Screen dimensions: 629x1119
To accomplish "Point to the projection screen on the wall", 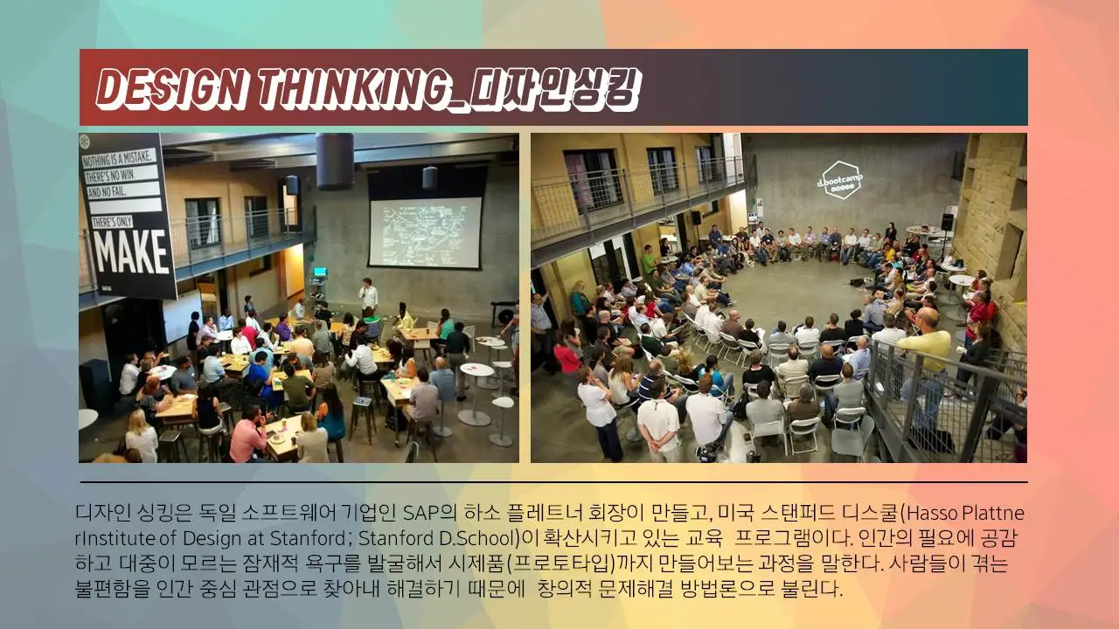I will (425, 232).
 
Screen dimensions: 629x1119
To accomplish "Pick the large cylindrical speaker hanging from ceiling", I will (334, 160).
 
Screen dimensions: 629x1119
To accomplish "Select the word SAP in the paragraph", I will (422, 512).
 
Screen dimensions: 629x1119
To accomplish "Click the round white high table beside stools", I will (477, 372).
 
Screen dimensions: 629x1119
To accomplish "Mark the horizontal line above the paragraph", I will (553, 482).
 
